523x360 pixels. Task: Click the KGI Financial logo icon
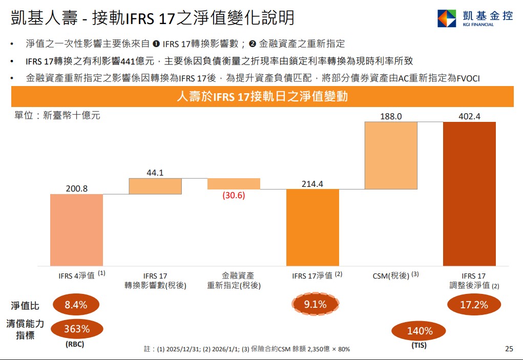(446, 18)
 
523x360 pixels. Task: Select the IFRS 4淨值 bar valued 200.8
(76, 230)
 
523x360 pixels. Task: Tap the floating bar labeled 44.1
(155, 186)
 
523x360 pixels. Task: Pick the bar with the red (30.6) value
(234, 184)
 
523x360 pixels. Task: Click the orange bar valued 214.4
(312, 227)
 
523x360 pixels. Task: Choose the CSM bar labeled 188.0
(391, 155)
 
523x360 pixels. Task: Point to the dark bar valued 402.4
(469, 194)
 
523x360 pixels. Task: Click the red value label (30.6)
(234, 195)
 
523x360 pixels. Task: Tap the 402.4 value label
(469, 116)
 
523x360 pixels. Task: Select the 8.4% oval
(75, 305)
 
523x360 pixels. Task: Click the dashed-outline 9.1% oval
(315, 305)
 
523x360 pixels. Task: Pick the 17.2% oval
(474, 305)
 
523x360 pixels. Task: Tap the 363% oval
(77, 329)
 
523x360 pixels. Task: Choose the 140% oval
(420, 331)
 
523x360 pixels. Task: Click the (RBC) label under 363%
(75, 345)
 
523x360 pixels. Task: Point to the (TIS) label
(419, 346)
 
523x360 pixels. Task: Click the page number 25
(509, 349)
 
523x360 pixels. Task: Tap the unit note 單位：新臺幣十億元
(57, 116)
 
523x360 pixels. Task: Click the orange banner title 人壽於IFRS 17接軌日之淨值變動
(262, 96)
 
